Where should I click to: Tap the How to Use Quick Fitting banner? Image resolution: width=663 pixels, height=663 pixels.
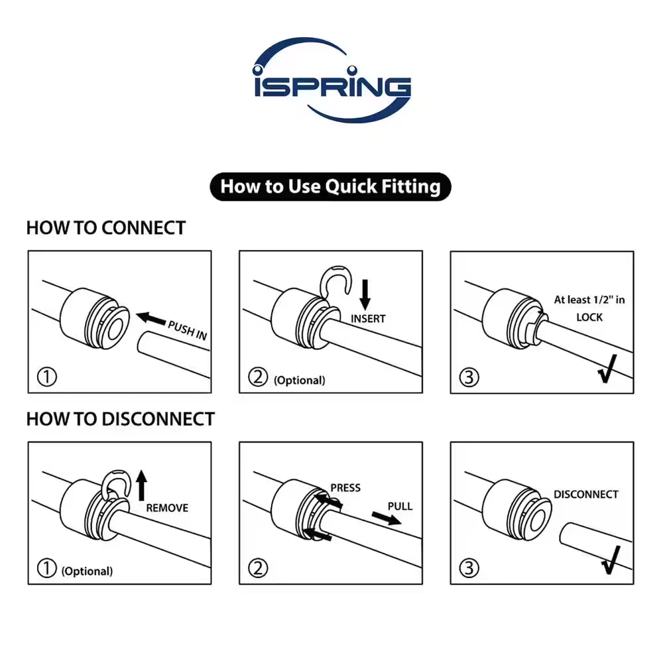tap(330, 186)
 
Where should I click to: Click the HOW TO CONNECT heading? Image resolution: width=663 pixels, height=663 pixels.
tap(105, 228)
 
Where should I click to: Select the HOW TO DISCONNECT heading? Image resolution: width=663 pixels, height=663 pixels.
tap(120, 419)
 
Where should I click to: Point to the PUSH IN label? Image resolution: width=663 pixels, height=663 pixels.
tap(187, 330)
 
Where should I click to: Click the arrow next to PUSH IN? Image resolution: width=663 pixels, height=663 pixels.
tap(151, 320)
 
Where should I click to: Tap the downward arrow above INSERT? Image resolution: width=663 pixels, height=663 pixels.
tap(364, 292)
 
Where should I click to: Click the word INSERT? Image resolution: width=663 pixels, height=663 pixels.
tap(368, 319)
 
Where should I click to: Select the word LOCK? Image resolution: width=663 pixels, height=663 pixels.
tap(589, 317)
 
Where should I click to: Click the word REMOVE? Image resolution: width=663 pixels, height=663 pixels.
tap(167, 509)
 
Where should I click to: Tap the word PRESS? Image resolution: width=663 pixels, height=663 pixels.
tap(345, 488)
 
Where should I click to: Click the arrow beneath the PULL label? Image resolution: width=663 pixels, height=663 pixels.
tap(385, 518)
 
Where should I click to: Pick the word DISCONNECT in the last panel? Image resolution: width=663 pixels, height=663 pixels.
tap(585, 495)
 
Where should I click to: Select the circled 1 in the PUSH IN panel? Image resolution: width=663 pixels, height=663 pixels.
tap(46, 378)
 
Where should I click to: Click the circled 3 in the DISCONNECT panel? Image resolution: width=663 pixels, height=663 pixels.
tap(468, 568)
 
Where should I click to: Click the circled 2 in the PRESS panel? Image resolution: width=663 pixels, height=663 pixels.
tap(257, 568)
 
